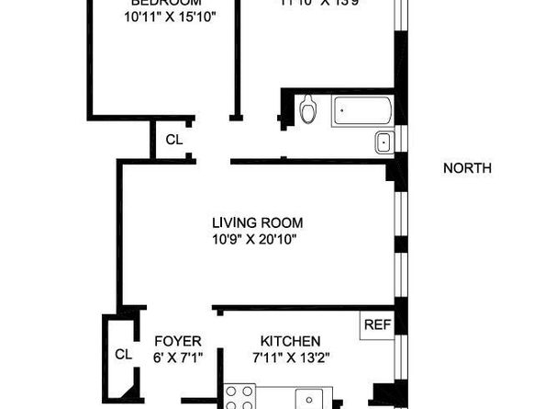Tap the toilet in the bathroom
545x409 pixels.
point(309,109)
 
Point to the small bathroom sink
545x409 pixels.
point(384,142)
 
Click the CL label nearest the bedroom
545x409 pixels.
point(173,141)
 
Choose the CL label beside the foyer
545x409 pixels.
point(123,354)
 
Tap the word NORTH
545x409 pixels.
point(467,168)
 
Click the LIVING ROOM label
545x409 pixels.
point(257,223)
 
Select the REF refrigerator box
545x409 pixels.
point(375,324)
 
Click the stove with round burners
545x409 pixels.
point(240,397)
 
